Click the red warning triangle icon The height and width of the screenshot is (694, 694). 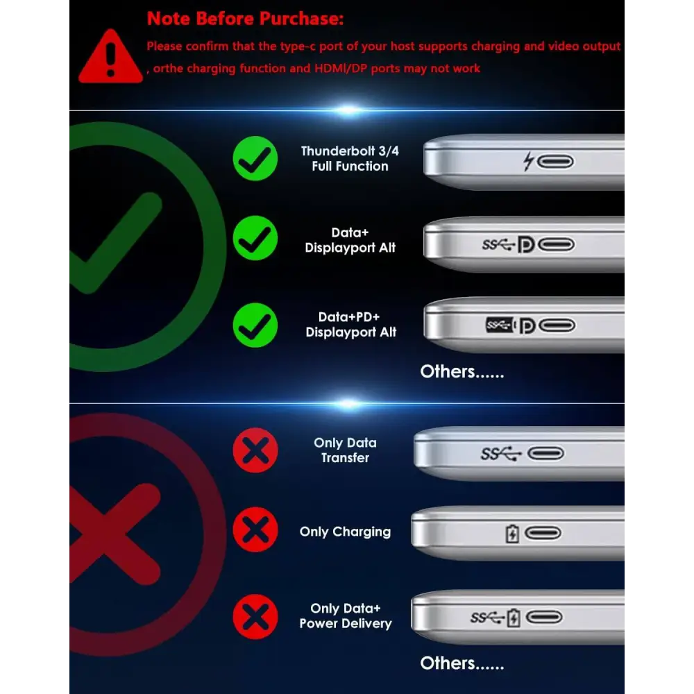(x=110, y=58)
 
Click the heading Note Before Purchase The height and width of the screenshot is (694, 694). (x=245, y=19)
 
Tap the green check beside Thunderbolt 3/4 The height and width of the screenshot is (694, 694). (x=255, y=158)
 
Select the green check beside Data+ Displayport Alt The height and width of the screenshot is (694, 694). (x=255, y=238)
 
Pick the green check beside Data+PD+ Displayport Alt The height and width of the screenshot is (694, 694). (x=255, y=325)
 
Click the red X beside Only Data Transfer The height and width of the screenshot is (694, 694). (x=255, y=450)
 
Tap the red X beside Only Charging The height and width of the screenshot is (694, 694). (x=255, y=530)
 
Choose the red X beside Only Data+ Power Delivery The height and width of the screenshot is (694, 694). (x=255, y=616)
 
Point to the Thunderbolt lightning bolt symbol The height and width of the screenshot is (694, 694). (x=528, y=161)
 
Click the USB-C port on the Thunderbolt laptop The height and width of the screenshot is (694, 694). (x=556, y=162)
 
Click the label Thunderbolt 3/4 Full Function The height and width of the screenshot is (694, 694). (x=350, y=158)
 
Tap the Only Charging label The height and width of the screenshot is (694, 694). (x=345, y=532)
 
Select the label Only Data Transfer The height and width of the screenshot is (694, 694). (x=345, y=450)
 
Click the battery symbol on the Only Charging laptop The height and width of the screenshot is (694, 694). (x=512, y=533)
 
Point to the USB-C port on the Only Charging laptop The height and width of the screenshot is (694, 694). (x=543, y=533)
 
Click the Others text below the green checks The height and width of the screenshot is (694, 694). (x=462, y=372)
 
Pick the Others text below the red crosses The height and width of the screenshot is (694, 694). (x=462, y=663)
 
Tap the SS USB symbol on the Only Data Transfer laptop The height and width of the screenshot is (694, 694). (x=501, y=454)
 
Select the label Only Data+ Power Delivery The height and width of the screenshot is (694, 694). (x=346, y=616)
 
